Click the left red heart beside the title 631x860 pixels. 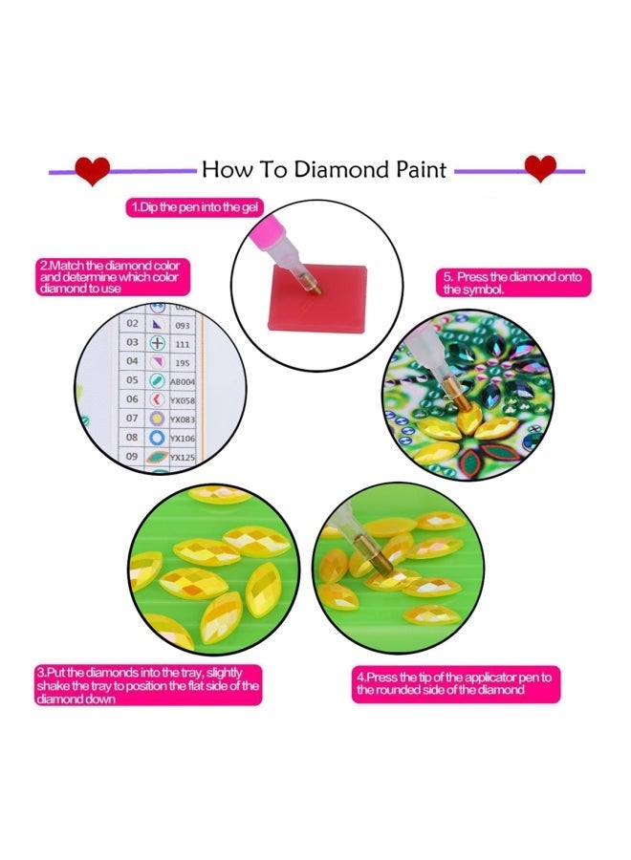click(x=93, y=170)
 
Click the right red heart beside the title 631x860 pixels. click(x=540, y=168)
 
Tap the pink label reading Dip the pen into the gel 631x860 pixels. click(x=195, y=206)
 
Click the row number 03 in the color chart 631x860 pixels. click(x=133, y=342)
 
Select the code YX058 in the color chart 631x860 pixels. click(x=183, y=399)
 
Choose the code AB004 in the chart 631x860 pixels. click(x=183, y=380)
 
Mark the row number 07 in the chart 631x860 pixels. click(x=133, y=419)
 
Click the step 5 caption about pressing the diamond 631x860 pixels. click(x=511, y=283)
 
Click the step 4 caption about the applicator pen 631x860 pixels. click(x=455, y=682)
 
